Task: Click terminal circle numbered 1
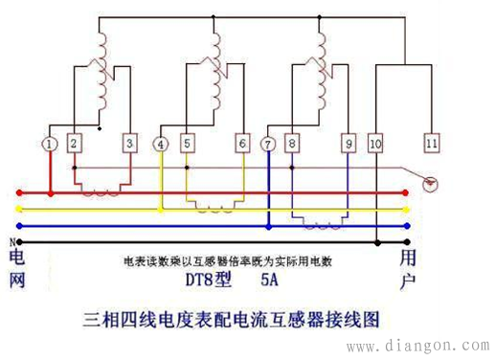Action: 50,144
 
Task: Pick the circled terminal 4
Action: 161,144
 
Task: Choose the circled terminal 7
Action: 269,144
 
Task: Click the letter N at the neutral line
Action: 11,241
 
